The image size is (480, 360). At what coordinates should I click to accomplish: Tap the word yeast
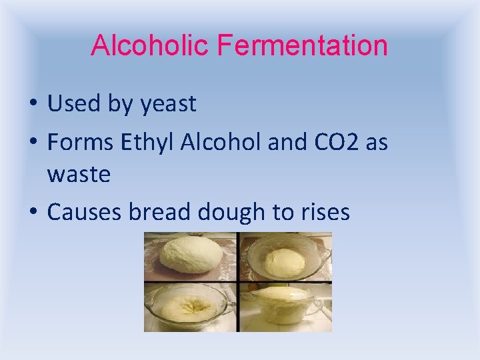coord(169,104)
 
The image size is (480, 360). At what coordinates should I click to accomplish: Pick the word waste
coord(79,175)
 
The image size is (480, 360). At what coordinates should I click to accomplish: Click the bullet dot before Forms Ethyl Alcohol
coord(33,143)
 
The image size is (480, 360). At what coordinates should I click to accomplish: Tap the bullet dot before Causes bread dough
coord(33,213)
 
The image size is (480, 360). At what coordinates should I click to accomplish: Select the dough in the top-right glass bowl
coord(285,261)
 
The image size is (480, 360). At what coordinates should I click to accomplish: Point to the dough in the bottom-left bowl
coord(190,307)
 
